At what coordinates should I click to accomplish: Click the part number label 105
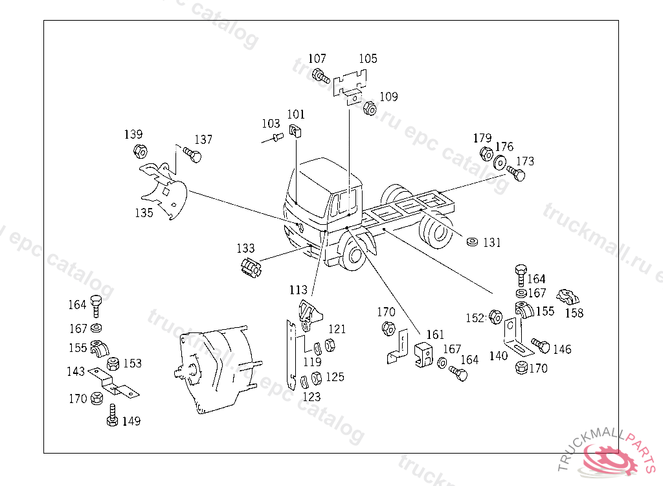(x=368, y=59)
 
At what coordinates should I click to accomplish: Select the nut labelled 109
(x=370, y=108)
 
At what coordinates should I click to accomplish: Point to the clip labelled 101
(x=297, y=132)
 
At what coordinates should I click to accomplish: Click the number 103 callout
(x=271, y=124)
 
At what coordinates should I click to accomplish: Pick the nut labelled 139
(x=139, y=152)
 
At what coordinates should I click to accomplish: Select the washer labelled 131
(x=473, y=242)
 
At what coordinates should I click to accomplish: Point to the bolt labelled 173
(x=517, y=174)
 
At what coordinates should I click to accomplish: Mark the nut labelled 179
(x=486, y=154)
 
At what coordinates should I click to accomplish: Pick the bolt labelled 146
(x=540, y=345)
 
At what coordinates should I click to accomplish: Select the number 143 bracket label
(x=76, y=371)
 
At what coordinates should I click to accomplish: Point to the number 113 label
(x=298, y=290)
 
